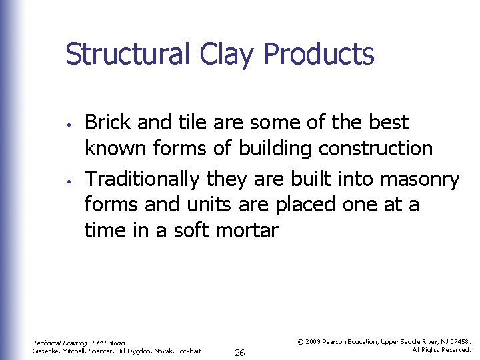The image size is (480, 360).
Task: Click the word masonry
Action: pos(420,179)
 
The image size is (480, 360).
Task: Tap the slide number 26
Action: pos(239,353)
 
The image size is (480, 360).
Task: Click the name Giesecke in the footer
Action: pos(47,351)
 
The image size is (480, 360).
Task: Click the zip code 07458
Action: pos(459,341)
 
